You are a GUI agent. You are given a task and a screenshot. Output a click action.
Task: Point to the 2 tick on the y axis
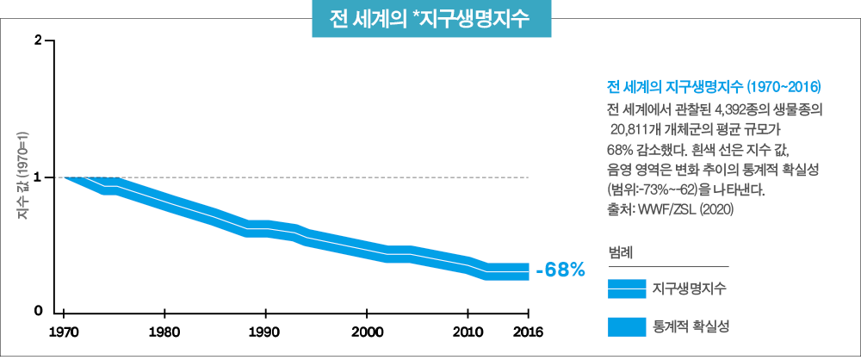tap(39, 40)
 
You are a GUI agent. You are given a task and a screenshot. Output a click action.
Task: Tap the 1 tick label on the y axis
tap(39, 177)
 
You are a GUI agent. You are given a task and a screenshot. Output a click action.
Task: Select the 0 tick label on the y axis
tap(39, 310)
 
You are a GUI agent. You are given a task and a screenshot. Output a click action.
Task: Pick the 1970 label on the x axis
tap(64, 332)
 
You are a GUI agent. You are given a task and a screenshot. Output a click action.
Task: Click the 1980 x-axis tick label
tap(164, 332)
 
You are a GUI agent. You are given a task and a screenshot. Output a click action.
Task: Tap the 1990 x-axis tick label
tap(265, 332)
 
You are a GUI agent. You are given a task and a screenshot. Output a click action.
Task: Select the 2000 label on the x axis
tap(367, 332)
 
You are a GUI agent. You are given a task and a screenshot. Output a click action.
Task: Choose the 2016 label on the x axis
tap(527, 332)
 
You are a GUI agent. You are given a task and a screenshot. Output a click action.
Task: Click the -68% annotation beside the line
tap(560, 270)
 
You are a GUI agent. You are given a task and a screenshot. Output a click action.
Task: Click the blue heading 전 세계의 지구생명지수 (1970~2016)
tap(714, 88)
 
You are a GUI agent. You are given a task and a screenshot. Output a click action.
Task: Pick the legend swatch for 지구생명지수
tap(626, 289)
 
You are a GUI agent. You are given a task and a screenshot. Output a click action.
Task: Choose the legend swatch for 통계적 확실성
tap(626, 326)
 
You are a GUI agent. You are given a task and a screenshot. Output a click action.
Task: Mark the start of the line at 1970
tap(65, 177)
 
